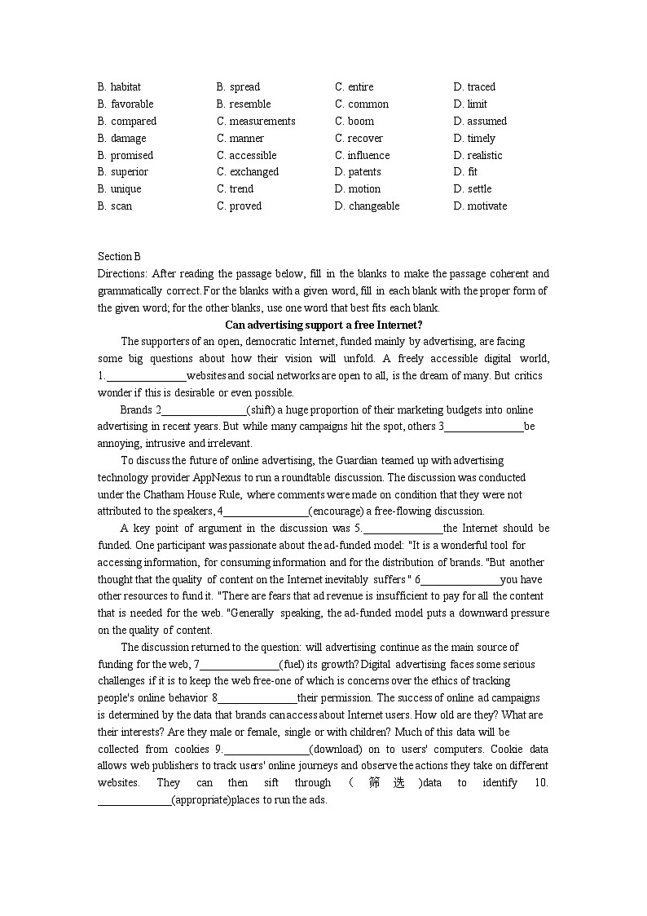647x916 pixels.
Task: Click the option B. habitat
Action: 119,86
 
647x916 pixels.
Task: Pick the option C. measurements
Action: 256,121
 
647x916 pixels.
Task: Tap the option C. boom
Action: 354,121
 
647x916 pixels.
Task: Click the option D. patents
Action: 358,171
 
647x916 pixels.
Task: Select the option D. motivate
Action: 480,206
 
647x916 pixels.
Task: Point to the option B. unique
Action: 119,188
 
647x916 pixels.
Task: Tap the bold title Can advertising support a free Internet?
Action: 323,324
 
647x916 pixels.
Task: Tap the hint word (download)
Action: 333,749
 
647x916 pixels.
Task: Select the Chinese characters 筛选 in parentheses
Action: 386,783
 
